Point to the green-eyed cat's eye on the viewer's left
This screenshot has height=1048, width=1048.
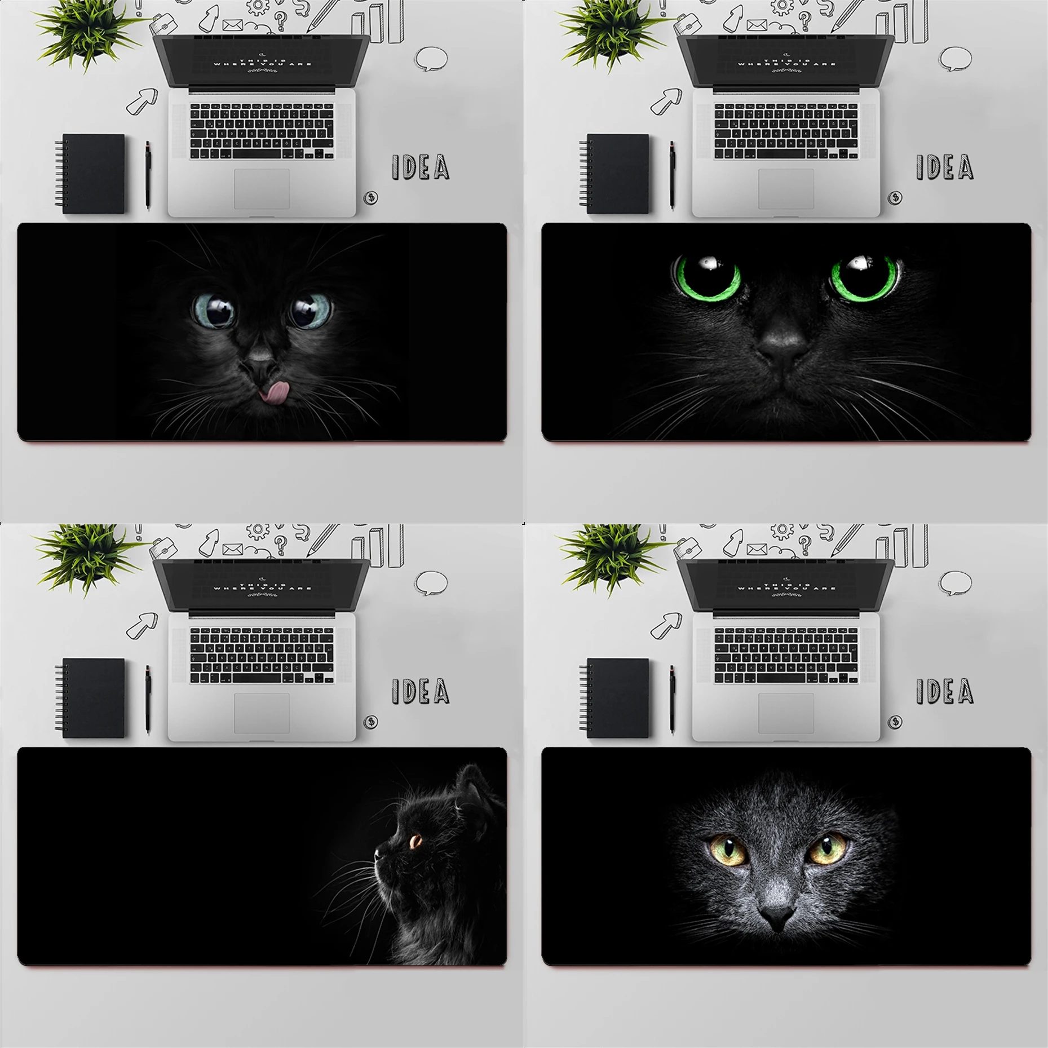click(x=707, y=276)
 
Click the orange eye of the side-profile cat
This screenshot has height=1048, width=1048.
click(x=415, y=842)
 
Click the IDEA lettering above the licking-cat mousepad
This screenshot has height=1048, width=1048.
click(x=421, y=167)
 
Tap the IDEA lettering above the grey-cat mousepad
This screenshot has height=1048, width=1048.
click(x=945, y=691)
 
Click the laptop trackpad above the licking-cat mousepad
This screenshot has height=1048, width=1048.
click(x=262, y=189)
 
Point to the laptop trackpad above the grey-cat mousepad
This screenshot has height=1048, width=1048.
click(x=786, y=713)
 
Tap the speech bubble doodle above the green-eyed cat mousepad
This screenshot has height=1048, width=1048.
click(x=956, y=58)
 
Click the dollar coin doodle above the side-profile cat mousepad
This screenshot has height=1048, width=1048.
click(x=370, y=722)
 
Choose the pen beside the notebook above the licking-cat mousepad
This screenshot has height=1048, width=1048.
click(x=148, y=175)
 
